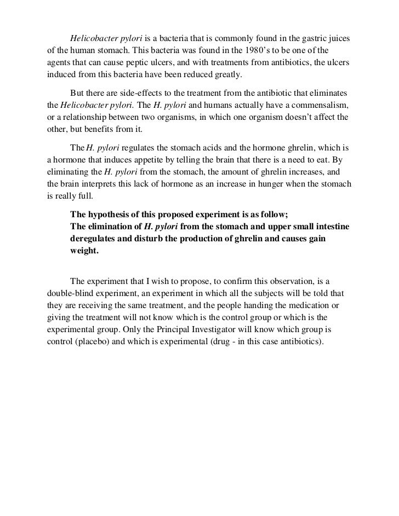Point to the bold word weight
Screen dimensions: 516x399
[x=82, y=251]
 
